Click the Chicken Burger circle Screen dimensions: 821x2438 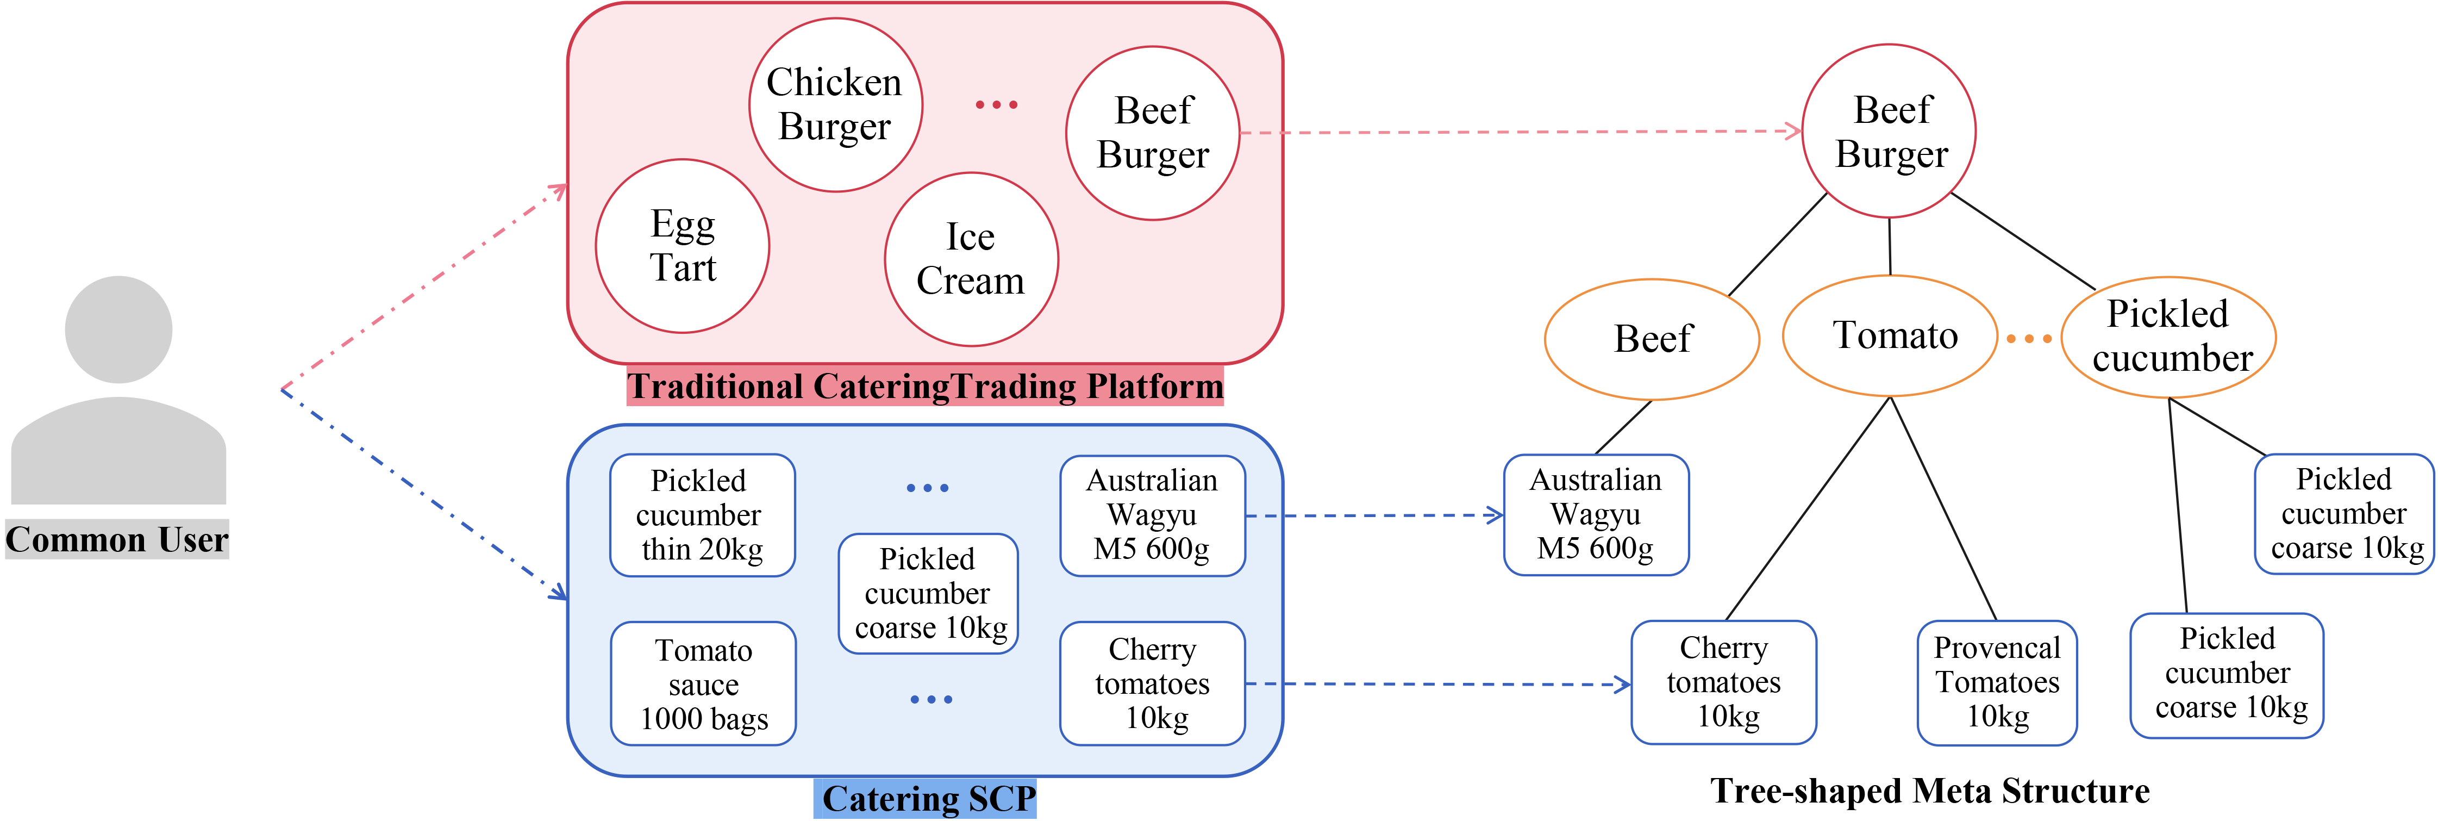(x=835, y=104)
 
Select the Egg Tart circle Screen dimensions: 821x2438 (x=683, y=246)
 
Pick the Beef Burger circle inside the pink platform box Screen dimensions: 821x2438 (x=1153, y=133)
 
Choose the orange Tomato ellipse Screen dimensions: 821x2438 (x=1890, y=336)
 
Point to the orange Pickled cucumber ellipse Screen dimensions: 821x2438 (x=2168, y=337)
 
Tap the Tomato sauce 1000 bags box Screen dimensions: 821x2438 (x=703, y=683)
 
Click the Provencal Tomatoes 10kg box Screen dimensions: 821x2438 (x=1997, y=683)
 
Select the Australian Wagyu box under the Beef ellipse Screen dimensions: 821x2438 (x=1596, y=515)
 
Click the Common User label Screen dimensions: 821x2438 (x=117, y=540)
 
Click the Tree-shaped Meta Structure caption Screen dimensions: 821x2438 (x=1930, y=791)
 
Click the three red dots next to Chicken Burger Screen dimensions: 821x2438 (x=997, y=104)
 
